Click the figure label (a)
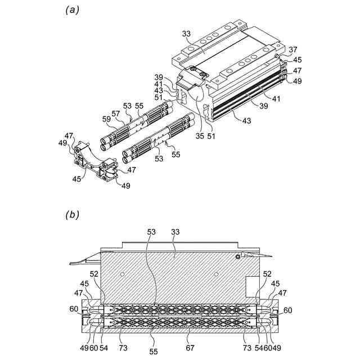tap(71, 10)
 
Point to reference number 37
tap(294, 50)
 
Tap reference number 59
tap(106, 119)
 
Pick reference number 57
tap(117, 113)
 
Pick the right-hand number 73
tap(247, 349)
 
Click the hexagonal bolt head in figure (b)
tap(238, 256)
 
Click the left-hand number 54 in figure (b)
tap(104, 349)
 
